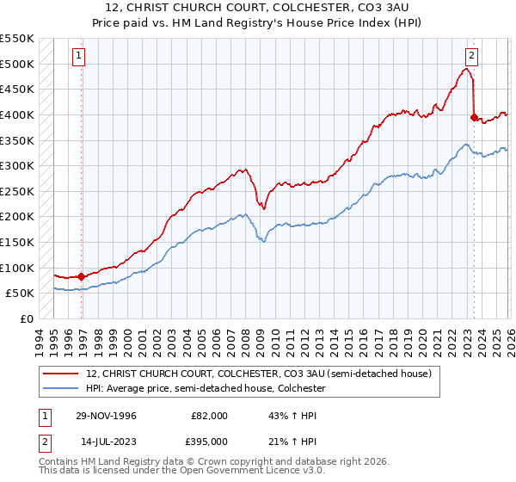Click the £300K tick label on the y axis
[17, 165]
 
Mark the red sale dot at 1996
[82, 276]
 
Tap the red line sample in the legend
[61, 374]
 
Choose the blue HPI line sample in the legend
[61, 388]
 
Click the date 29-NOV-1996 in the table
[104, 416]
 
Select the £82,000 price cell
[209, 416]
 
